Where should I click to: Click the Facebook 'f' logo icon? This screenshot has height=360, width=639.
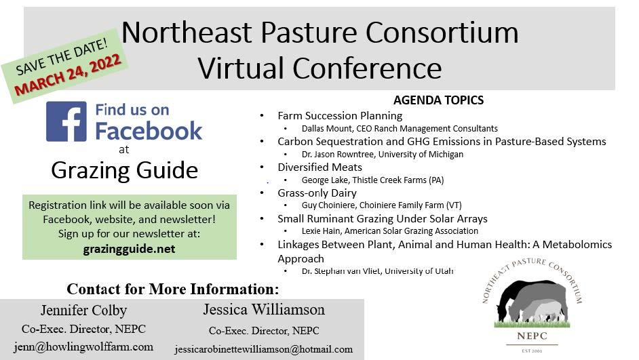[66, 121]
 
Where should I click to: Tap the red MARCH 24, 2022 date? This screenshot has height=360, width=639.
[68, 75]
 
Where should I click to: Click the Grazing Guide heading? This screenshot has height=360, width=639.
[124, 169]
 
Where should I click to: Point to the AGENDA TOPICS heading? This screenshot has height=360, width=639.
[438, 100]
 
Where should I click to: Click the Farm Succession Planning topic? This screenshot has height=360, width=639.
[339, 116]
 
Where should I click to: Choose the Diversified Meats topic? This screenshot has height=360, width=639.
[319, 167]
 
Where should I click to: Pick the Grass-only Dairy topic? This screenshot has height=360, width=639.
[317, 193]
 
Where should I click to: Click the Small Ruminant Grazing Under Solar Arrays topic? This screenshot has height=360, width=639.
[382, 219]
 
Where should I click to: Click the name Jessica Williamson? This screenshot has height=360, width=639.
[263, 310]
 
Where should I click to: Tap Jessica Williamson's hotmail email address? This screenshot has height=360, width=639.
[263, 350]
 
